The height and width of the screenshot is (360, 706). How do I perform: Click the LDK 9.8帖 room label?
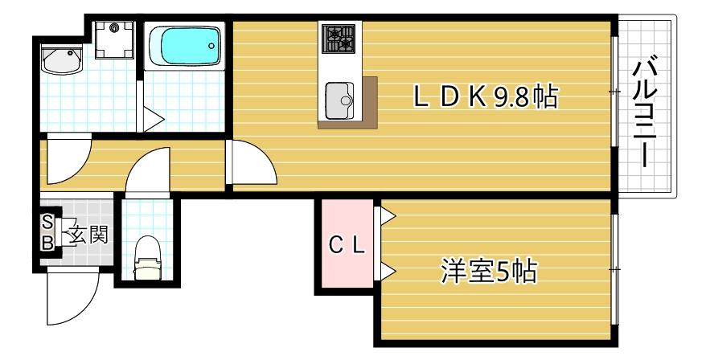coord(486,97)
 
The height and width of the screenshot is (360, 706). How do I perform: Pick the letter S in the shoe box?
coord(47,223)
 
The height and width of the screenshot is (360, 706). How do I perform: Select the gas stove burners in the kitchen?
coord(338,38)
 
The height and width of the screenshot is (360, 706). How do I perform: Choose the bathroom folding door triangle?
coord(152,120)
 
